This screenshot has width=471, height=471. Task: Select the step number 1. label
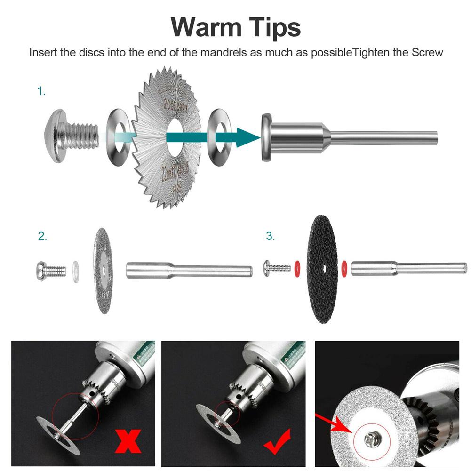pyautogui.click(x=42, y=91)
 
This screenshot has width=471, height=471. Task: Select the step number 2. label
pyautogui.click(x=43, y=237)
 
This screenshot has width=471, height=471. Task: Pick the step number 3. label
pyautogui.click(x=270, y=237)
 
